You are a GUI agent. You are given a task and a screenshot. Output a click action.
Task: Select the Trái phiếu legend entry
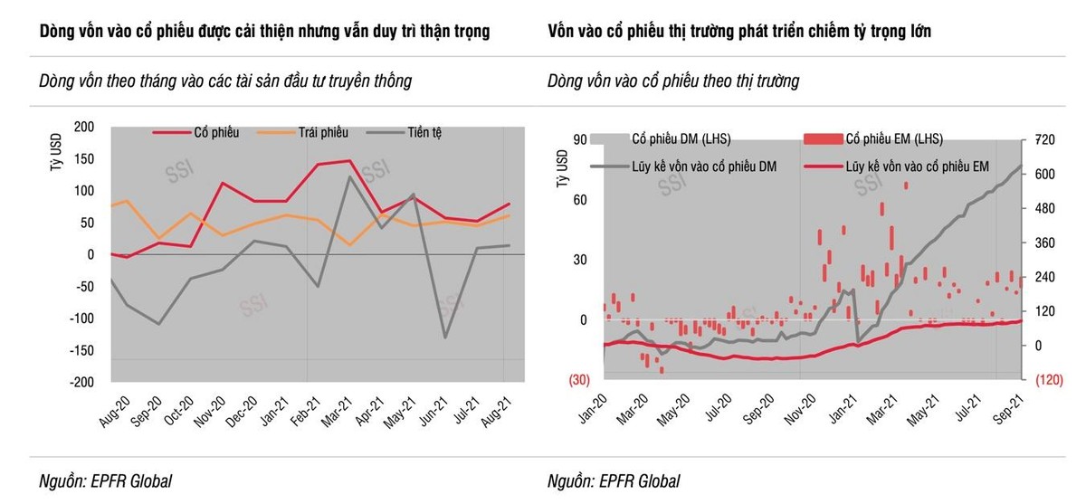323,133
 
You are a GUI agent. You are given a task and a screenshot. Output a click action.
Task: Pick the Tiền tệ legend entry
422,133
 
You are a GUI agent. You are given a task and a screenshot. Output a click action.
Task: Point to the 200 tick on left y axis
83,127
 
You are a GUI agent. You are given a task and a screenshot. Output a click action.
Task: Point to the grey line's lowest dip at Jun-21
445,338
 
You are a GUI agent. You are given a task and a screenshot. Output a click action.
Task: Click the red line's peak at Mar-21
349,161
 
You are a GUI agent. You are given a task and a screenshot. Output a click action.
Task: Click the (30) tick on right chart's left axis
578,380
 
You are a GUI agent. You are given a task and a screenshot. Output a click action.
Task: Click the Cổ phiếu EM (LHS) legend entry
893,139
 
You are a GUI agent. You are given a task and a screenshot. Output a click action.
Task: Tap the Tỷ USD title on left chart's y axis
54,149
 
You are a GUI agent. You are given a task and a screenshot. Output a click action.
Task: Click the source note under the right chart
613,481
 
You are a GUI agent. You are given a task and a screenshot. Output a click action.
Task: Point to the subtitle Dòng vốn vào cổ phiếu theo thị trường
673,81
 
